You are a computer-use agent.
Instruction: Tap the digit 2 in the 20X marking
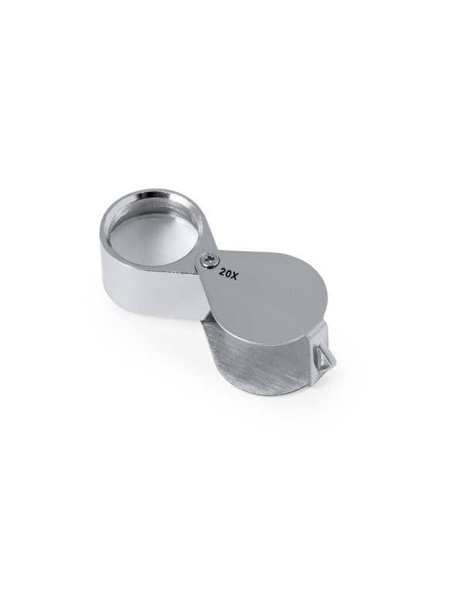pos(223,272)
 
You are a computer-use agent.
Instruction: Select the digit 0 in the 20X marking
pos(228,275)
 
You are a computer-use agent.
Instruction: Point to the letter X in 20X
pos(235,276)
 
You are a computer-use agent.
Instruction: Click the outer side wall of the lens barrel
pos(151,292)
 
